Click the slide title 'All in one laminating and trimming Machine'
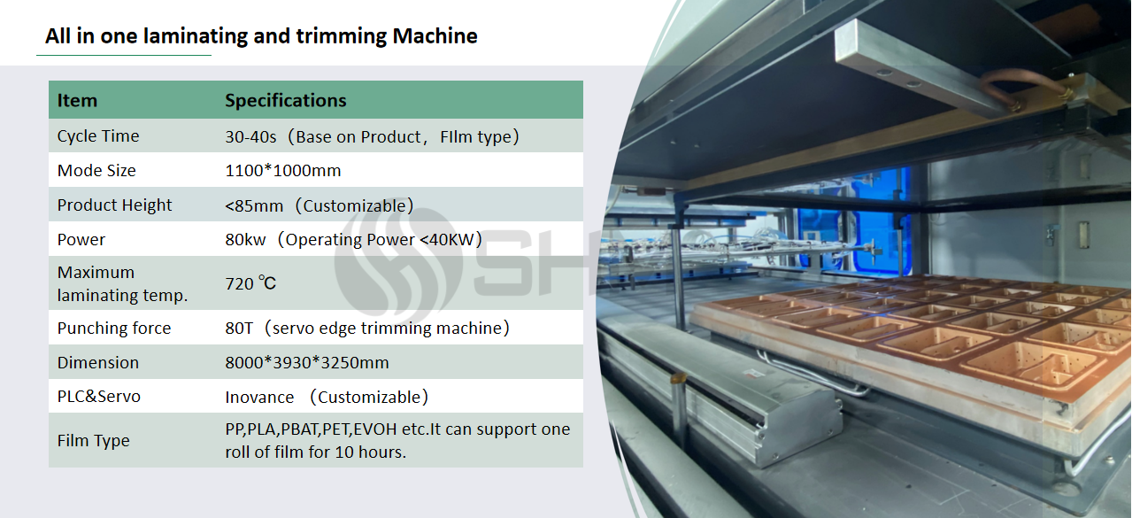(261, 36)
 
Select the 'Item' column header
(77, 101)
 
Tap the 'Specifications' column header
(286, 101)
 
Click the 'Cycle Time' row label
(98, 136)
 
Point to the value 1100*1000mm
(283, 171)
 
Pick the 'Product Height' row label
(114, 205)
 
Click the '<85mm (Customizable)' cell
(320, 205)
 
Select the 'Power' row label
(81, 240)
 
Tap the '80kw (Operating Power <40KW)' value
(354, 240)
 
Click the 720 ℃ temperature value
(250, 283)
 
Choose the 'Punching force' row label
(113, 329)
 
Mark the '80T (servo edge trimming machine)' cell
(367, 329)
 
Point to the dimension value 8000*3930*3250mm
(307, 363)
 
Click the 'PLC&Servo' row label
(98, 397)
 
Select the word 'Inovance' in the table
(259, 398)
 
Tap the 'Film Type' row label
(94, 441)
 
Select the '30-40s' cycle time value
(250, 137)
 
